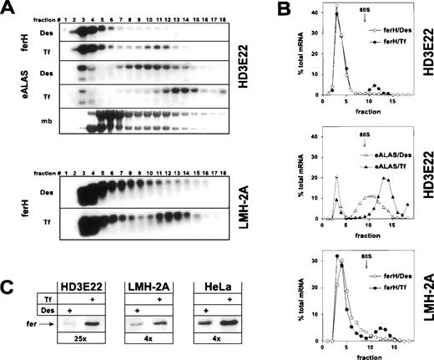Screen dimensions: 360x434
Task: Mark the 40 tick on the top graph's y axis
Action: click(313, 13)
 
